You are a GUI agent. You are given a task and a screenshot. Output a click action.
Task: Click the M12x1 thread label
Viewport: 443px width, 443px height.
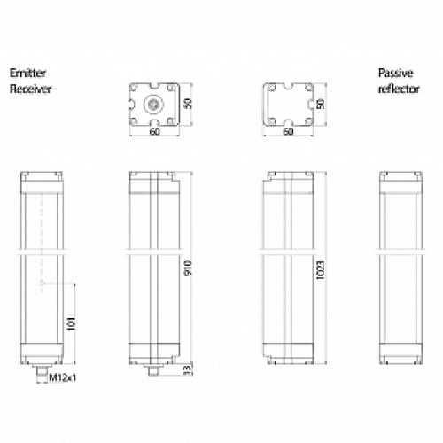click(59, 379)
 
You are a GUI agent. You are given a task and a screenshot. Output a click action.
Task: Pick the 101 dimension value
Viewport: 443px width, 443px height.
click(70, 324)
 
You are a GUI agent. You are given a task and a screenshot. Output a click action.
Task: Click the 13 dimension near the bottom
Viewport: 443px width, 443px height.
click(188, 369)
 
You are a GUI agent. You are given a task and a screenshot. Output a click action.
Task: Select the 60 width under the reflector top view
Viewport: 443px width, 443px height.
click(289, 132)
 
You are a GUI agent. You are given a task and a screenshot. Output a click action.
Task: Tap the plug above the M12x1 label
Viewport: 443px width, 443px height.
click(43, 368)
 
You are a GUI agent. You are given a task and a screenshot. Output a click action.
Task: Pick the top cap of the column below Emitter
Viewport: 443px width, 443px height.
click(43, 182)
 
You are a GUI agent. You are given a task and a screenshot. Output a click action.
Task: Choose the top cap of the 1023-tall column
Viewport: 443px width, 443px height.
click(289, 182)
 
